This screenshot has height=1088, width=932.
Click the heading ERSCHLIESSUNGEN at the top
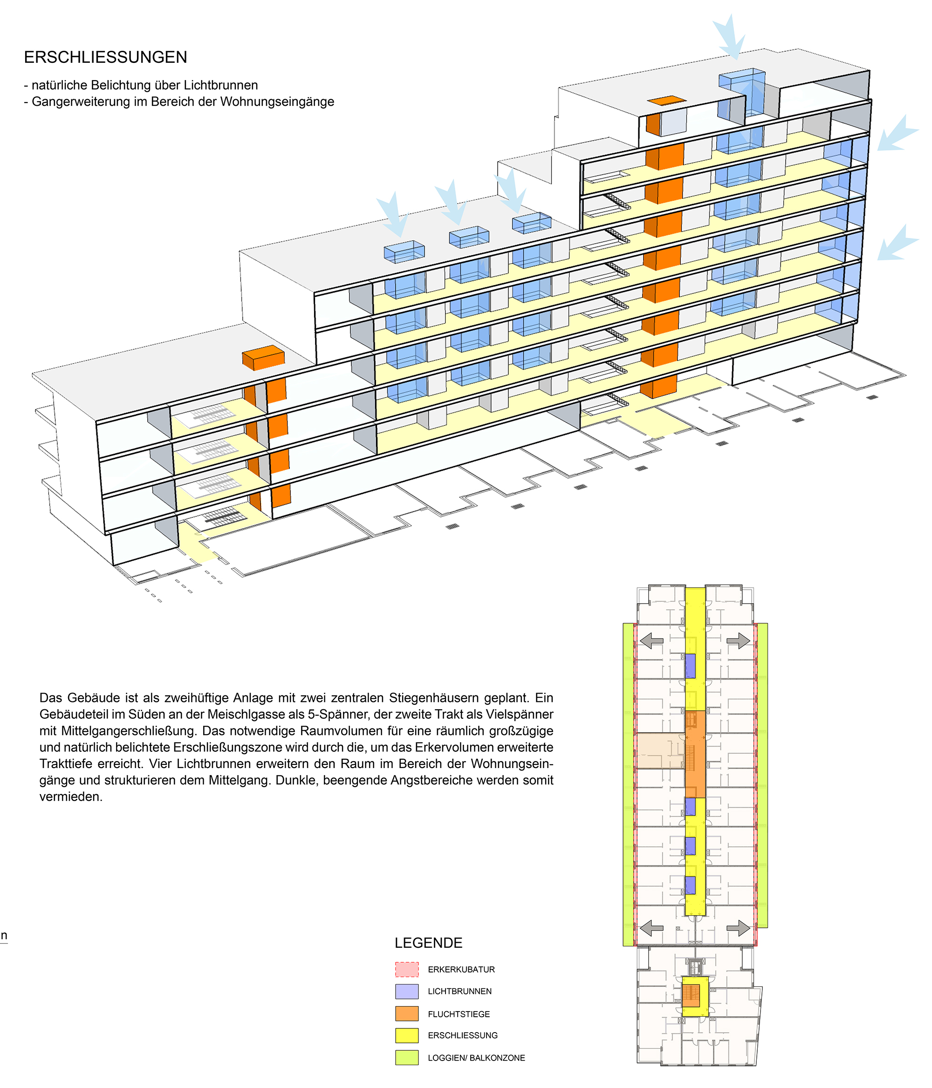(105, 57)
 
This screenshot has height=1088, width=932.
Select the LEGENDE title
(428, 943)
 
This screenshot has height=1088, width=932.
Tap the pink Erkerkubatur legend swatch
(407, 969)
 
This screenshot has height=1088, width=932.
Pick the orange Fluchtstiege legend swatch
(407, 1013)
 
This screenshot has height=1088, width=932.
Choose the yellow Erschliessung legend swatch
(407, 1035)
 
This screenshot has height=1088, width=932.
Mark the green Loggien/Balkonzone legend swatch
(407, 1057)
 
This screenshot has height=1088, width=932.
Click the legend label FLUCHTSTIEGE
(459, 1014)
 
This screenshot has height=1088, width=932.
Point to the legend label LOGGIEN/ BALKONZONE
(476, 1058)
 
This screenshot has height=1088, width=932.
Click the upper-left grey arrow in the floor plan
(651, 640)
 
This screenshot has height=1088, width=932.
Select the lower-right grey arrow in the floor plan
(738, 928)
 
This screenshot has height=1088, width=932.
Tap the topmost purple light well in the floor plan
(690, 665)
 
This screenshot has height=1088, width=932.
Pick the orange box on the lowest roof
(263, 357)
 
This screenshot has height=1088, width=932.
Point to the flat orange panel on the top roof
(666, 100)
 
